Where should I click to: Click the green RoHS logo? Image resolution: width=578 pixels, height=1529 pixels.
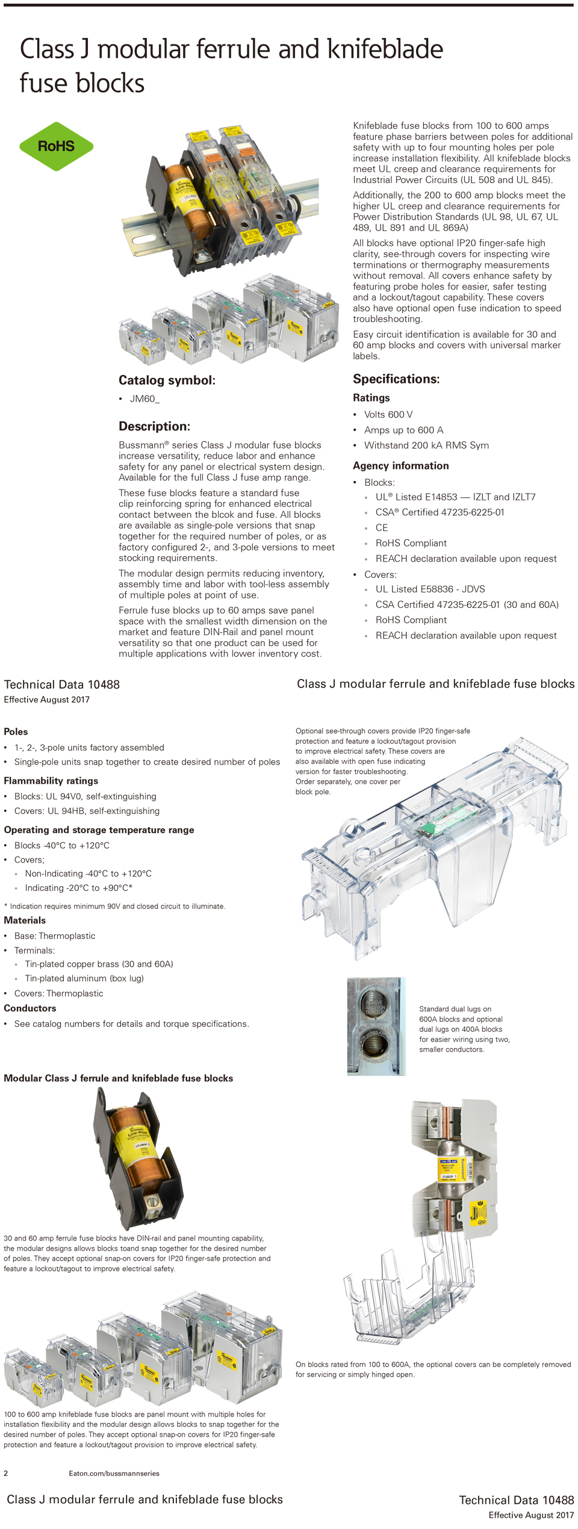(x=56, y=146)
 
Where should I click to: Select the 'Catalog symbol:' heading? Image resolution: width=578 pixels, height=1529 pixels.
(x=167, y=380)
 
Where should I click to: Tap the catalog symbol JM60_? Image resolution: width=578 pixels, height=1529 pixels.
(x=144, y=399)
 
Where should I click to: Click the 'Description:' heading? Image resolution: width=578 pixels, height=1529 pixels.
(x=154, y=426)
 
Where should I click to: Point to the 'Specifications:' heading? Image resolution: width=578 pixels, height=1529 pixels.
(x=396, y=379)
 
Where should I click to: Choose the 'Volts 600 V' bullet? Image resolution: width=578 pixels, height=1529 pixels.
(x=388, y=414)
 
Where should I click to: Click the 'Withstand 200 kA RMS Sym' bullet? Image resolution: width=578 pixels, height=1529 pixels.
(x=426, y=445)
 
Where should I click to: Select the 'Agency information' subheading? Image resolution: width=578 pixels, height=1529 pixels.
(x=400, y=465)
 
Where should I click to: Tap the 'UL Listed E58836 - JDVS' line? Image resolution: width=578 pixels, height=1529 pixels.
(x=430, y=589)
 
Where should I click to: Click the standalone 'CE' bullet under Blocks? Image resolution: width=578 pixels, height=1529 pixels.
(x=382, y=527)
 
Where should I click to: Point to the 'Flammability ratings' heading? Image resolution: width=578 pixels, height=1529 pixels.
(x=51, y=780)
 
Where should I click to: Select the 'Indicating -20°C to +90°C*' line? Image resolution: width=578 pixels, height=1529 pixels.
(x=78, y=887)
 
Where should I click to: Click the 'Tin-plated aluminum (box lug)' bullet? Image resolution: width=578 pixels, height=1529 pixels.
(x=84, y=978)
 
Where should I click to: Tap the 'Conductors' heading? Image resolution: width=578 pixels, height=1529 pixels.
(x=30, y=1008)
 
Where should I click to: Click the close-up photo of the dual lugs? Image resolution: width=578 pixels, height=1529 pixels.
(x=376, y=1026)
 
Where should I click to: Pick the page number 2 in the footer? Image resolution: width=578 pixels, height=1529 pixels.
(x=6, y=1473)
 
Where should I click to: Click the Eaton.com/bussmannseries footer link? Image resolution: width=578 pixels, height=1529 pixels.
(x=114, y=1473)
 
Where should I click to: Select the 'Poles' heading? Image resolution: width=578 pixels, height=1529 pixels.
(x=16, y=731)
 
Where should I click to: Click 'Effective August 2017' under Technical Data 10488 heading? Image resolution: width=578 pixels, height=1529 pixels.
(x=46, y=699)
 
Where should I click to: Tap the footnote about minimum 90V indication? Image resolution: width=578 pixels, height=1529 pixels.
(x=114, y=906)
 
